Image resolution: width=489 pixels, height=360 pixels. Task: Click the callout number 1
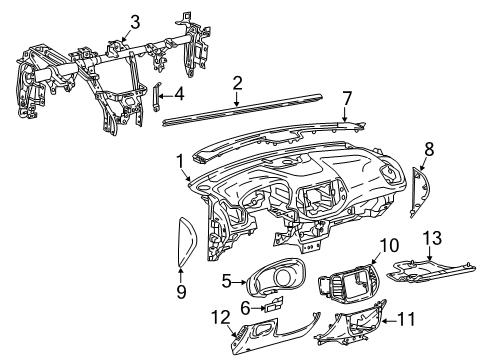(x=181, y=159)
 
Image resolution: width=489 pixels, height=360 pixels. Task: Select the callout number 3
(x=135, y=20)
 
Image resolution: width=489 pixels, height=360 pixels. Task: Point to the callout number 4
(x=178, y=95)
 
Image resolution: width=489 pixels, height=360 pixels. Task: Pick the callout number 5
(x=227, y=281)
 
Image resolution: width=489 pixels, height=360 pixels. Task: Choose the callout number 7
(x=347, y=97)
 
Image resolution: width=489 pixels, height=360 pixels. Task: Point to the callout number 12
(x=219, y=318)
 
